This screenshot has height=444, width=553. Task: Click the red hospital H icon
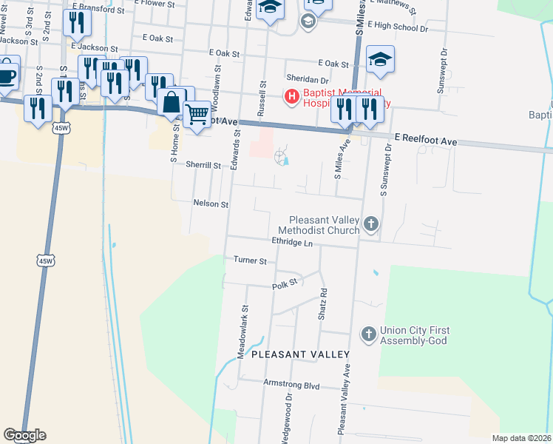pos(291,96)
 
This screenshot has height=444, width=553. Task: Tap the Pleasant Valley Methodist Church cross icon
pos(371,223)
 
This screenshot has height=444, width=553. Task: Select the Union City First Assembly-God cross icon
pos(369,334)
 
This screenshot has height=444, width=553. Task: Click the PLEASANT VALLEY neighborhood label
pos(300,355)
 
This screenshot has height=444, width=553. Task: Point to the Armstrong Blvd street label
pos(291,386)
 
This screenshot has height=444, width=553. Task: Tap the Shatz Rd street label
pos(322,304)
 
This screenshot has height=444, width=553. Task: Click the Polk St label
pos(284,283)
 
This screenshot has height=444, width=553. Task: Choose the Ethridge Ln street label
pos(293,242)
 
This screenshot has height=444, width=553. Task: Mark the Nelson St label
pos(211,203)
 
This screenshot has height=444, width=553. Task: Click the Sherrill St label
pos(204,166)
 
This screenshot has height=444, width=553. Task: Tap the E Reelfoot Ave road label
pos(426,138)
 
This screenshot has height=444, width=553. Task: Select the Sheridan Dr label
pos(307,80)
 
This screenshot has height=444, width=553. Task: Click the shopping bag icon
pos(172,102)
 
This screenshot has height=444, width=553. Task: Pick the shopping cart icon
pos(197,114)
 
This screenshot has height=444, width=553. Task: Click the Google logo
pos(24,435)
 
